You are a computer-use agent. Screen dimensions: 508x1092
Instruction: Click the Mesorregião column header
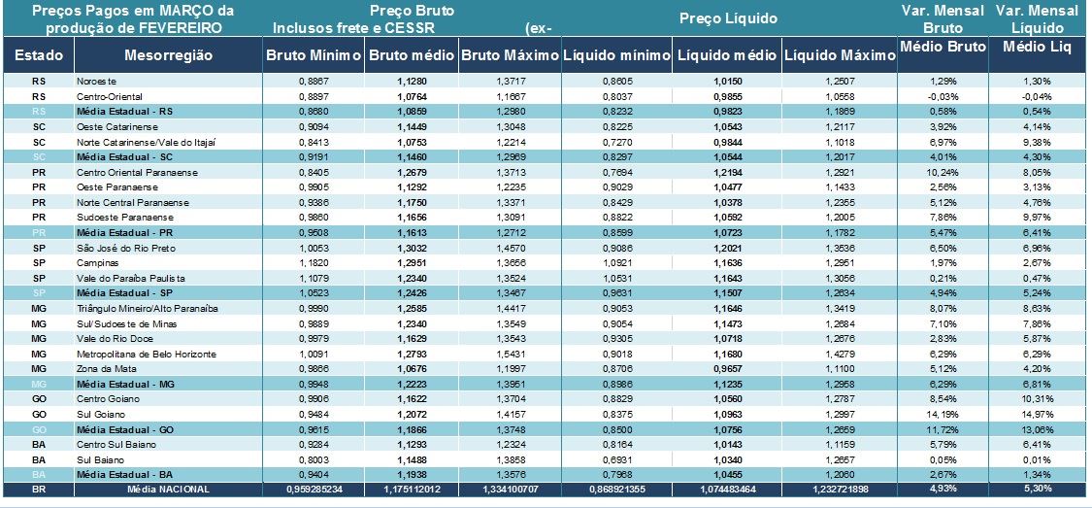(x=168, y=55)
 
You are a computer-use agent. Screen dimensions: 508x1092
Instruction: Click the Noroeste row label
(x=96, y=82)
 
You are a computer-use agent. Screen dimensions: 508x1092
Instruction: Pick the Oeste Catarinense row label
(x=109, y=127)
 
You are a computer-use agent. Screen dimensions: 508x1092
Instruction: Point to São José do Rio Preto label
(x=118, y=248)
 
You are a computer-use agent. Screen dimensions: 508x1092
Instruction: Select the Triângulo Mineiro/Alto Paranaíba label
(x=146, y=308)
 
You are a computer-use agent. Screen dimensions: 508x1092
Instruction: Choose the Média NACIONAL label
(x=167, y=489)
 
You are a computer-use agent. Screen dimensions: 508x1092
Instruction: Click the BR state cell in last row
(x=39, y=489)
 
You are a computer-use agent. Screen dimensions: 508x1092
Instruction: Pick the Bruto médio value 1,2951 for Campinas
(x=413, y=262)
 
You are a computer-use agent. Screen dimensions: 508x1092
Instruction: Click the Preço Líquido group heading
(x=727, y=18)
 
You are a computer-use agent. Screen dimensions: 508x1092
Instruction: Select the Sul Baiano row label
(x=98, y=458)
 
